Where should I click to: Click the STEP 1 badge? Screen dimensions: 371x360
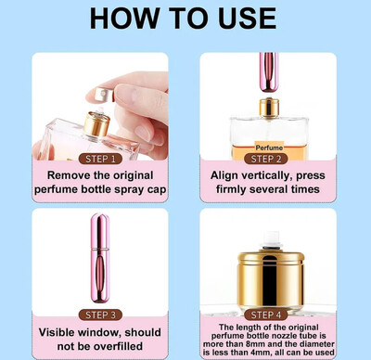pos(100,159)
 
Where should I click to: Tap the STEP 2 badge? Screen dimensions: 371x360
pos(266,159)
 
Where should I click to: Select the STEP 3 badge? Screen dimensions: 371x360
pos(100,315)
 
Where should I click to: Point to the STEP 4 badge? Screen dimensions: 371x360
pos(266,315)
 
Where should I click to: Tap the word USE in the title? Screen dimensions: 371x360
pos(247,19)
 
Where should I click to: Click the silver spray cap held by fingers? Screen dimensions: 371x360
pos(104,95)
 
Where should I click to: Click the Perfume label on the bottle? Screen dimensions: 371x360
pos(269,148)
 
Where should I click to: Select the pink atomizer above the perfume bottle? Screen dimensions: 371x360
pos(268,71)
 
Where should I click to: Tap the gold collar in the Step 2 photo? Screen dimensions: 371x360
pos(269,108)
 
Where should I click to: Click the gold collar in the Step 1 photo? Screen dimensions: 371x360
pos(96,124)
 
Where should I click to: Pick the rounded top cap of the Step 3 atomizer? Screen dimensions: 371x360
pos(100,230)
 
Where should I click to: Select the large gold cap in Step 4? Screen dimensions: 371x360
pos(271,278)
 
